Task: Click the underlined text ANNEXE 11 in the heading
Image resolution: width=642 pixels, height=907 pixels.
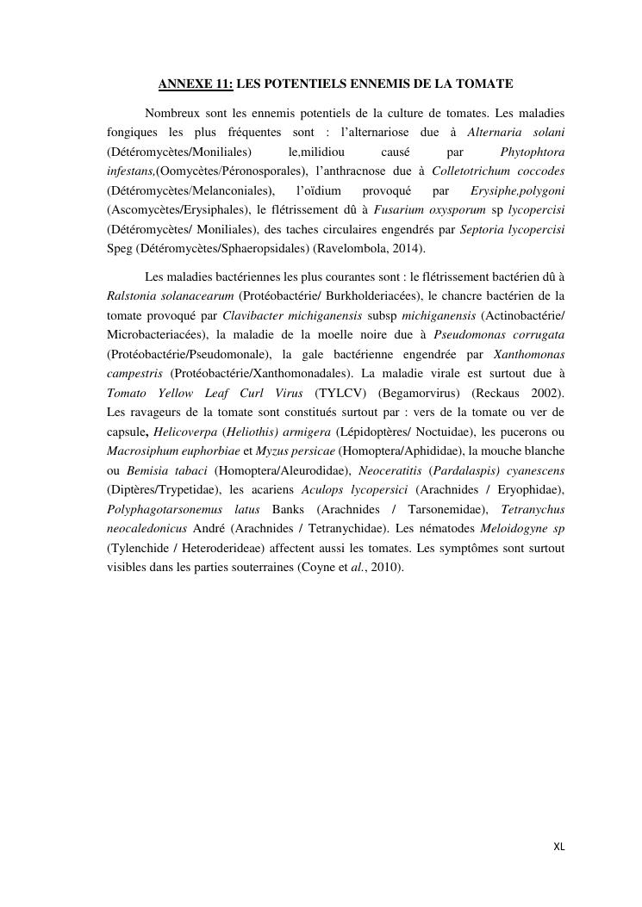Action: [x=196, y=84]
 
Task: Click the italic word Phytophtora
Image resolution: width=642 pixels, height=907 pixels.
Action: [x=532, y=151]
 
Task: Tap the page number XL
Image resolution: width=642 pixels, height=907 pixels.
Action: [x=558, y=847]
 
